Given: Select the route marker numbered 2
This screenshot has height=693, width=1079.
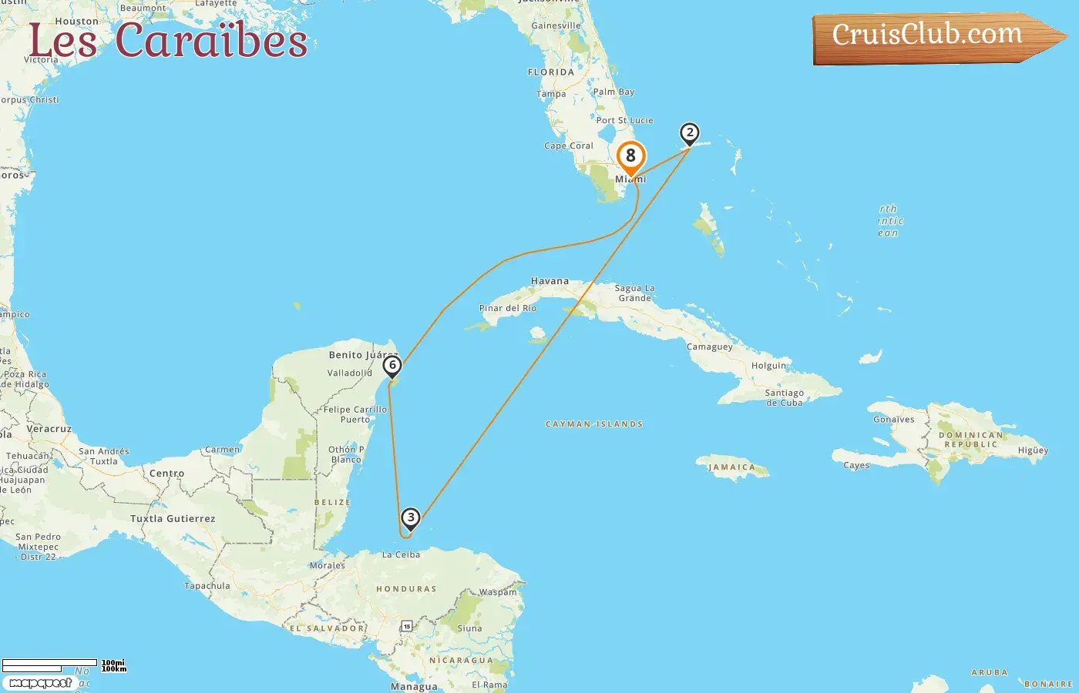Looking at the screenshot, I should tap(690, 133).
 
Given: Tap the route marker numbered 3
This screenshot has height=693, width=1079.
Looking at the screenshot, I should tap(411, 518).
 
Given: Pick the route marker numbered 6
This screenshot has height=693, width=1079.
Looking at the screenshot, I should tap(392, 366).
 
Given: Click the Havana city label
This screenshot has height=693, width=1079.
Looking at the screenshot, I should tap(550, 281).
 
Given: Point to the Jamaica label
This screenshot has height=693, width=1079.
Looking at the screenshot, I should tap(732, 467).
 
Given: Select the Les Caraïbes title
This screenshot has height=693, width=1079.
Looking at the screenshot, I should tap(168, 40).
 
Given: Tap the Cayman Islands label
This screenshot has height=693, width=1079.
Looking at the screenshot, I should tap(594, 424).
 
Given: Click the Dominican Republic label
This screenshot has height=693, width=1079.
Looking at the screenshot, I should tap(970, 440).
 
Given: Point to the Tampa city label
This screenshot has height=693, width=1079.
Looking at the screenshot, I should tap(551, 94).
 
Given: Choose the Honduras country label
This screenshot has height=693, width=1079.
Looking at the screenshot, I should tap(406, 589).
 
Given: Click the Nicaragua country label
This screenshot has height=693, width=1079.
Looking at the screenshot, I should tap(461, 660).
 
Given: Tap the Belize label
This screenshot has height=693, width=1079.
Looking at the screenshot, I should tap(332, 502).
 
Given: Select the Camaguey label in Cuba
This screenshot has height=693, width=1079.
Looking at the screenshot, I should tap(710, 346).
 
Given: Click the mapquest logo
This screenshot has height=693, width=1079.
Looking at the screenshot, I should tap(41, 683).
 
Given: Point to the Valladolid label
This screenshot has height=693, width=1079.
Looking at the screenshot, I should tap(350, 373).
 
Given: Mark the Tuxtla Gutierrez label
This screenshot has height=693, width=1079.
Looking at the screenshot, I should tap(173, 518).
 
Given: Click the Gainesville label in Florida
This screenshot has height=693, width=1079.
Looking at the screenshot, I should tap(556, 25).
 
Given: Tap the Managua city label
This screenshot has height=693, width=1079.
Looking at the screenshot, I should tap(414, 686).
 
